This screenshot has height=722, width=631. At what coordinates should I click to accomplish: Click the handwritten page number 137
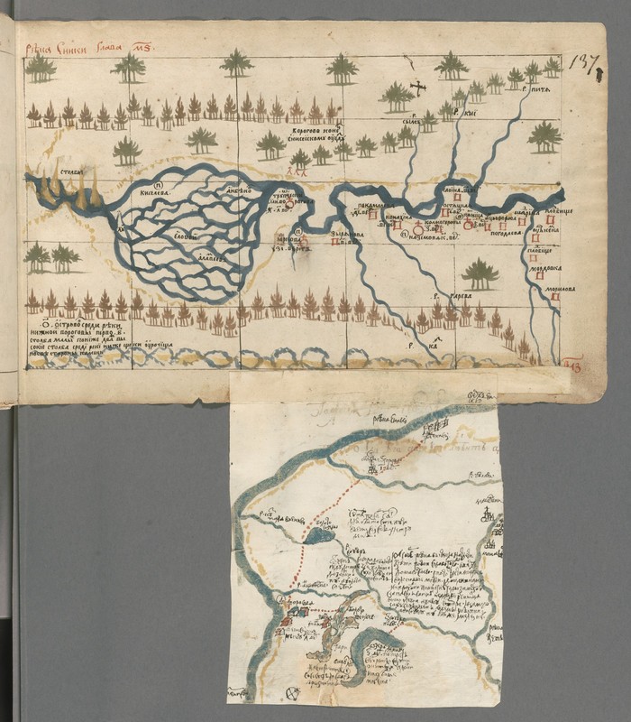click(x=583, y=62)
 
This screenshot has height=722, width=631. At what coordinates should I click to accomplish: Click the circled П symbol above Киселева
click(x=145, y=180)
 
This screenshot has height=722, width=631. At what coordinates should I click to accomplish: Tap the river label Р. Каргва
click(x=444, y=295)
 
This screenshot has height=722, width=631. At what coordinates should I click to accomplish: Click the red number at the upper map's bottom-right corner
click(x=571, y=364)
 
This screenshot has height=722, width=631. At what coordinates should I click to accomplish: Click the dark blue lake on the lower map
click(x=318, y=535)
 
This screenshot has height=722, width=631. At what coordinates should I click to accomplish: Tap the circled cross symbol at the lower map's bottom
click(x=291, y=692)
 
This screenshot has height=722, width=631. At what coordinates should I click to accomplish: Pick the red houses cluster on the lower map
click(x=297, y=614)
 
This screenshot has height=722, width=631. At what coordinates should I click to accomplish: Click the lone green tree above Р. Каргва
click(x=480, y=273)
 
